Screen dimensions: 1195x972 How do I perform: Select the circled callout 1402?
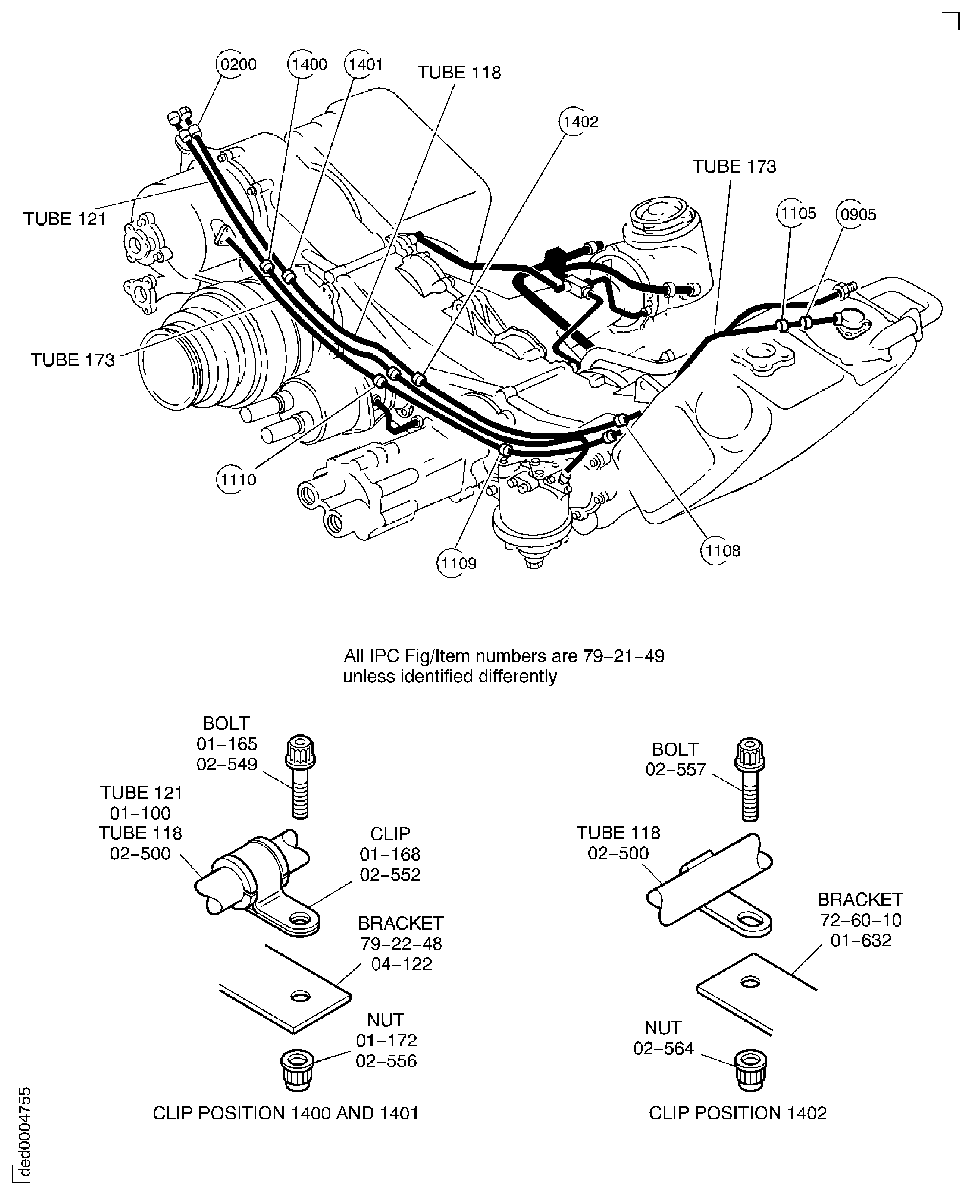point(580,121)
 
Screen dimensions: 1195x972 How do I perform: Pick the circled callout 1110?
point(237,479)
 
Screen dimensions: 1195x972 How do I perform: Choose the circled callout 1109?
point(458,563)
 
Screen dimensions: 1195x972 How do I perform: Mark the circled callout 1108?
point(722,550)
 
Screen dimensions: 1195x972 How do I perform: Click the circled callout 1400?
point(308,65)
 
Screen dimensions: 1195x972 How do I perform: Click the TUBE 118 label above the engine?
point(459,73)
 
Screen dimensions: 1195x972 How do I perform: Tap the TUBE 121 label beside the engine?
point(65,219)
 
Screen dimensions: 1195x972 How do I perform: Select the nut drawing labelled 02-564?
point(750,1070)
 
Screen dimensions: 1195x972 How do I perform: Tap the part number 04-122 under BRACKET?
point(401,964)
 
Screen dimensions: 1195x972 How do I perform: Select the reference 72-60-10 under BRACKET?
point(861,920)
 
